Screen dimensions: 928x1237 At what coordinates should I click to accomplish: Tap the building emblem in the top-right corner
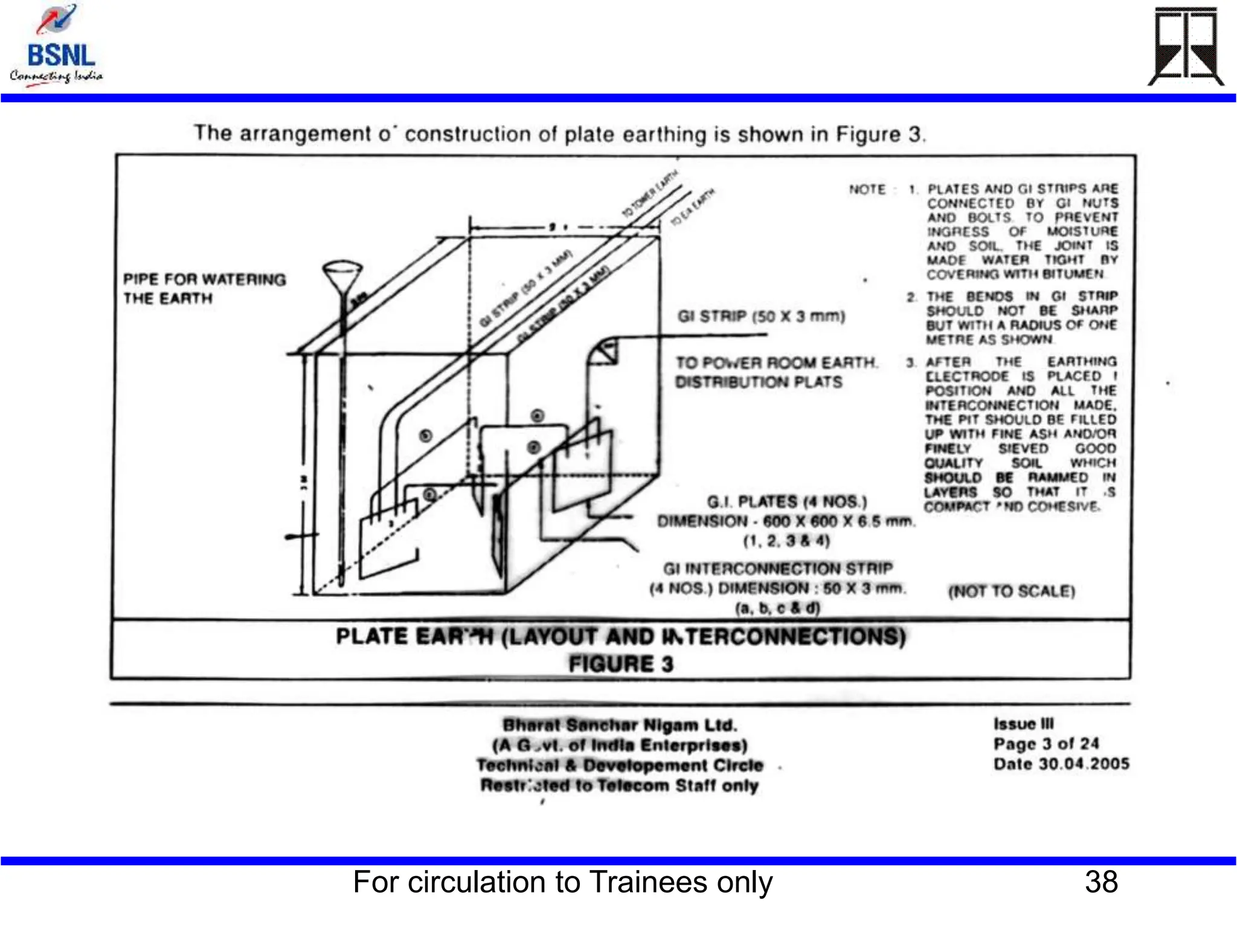tap(1185, 47)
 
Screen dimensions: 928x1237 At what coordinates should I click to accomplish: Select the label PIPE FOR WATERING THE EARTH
tap(204, 289)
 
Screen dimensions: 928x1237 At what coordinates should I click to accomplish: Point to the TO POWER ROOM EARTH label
tap(776, 363)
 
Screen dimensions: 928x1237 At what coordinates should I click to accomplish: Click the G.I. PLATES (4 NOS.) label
tap(786, 502)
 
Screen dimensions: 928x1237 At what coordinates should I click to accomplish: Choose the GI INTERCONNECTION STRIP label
tap(777, 569)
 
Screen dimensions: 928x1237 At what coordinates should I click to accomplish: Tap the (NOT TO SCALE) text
tap(1012, 591)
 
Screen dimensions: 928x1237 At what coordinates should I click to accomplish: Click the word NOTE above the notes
tap(867, 190)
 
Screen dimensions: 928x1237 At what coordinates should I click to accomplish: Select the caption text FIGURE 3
tap(620, 664)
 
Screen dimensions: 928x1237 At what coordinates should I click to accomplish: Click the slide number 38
tap(1101, 882)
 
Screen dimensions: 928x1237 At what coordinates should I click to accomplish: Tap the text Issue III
tap(1023, 724)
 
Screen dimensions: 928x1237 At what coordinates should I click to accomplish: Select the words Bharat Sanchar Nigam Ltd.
tap(620, 725)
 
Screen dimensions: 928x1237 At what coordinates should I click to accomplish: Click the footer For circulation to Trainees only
tap(562, 882)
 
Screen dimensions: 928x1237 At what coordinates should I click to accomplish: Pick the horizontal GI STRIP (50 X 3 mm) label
tap(761, 316)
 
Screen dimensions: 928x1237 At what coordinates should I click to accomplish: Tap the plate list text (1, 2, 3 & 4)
tap(786, 541)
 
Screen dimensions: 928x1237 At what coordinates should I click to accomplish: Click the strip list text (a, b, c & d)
tap(777, 608)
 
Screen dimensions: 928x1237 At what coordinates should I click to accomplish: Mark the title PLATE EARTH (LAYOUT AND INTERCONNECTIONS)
tap(620, 637)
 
